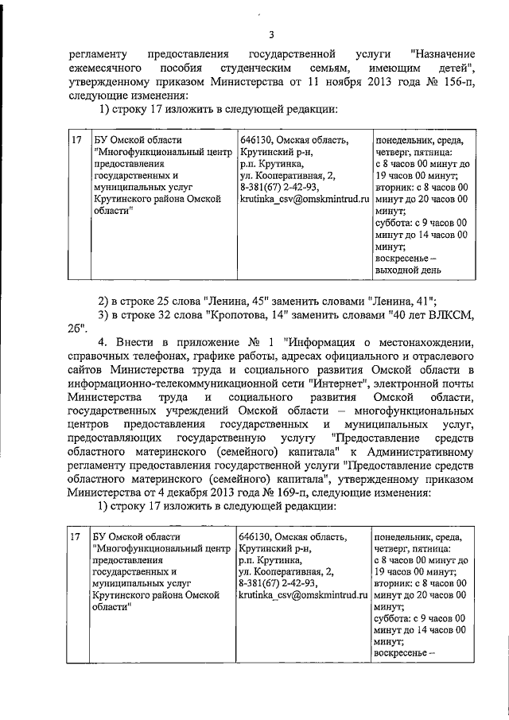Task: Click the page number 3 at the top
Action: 270,34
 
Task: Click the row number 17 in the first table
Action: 76,141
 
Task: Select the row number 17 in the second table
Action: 76,538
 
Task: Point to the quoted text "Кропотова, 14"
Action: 247,315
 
